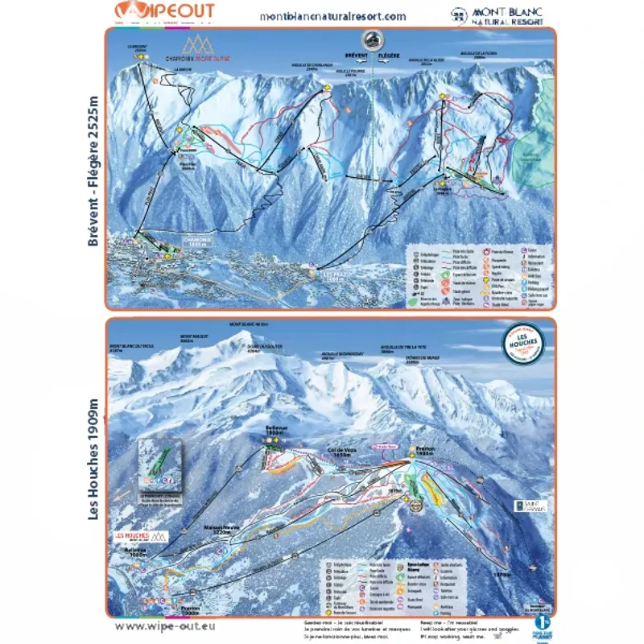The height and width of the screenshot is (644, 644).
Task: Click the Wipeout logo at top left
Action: tap(165, 11)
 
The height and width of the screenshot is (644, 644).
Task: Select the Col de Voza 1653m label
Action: tap(341, 452)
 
